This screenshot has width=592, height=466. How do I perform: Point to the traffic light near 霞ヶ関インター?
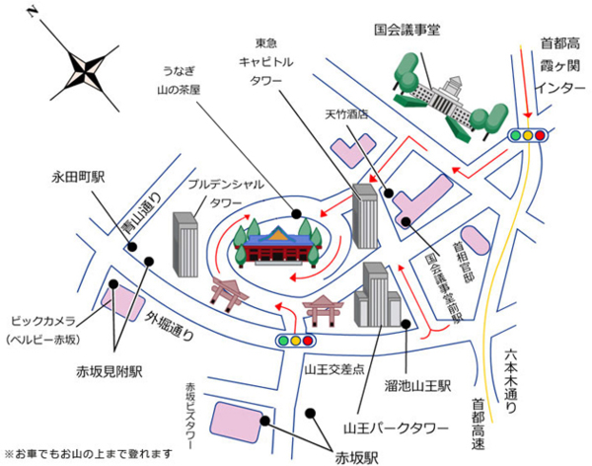pyautogui.click(x=527, y=134)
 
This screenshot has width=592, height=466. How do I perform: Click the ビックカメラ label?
pyautogui.click(x=47, y=321)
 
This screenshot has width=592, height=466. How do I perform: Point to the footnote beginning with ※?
pyautogui.click(x=80, y=455)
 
